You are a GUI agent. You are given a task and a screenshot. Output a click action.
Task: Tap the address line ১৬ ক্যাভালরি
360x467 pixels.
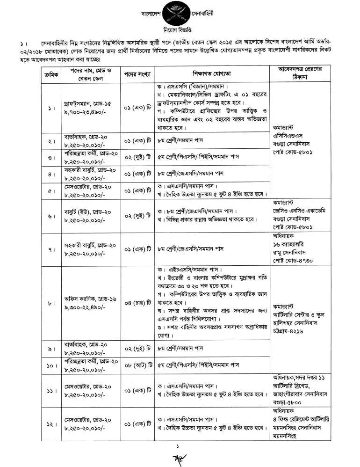[295, 245]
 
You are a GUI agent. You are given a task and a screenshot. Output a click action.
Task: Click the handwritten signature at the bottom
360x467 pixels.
[179, 458]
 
